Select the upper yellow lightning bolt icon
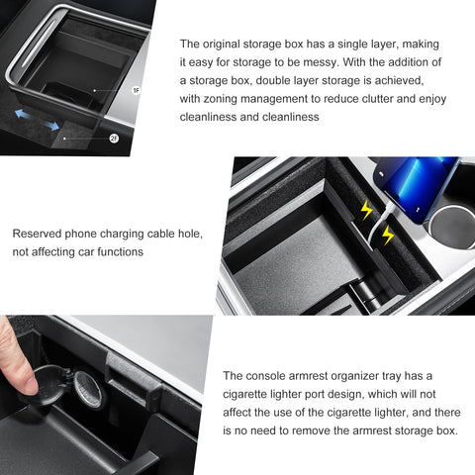(366, 211)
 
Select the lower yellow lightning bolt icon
(387, 235)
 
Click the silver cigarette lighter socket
(86, 389)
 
